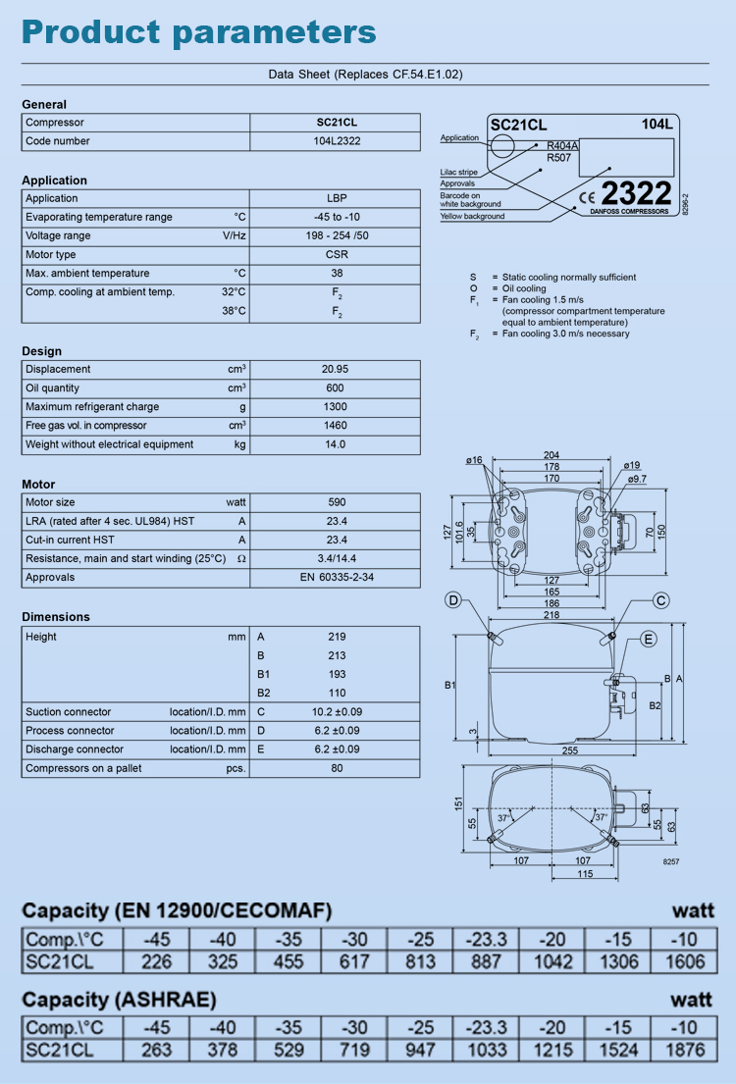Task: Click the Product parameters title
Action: click(199, 31)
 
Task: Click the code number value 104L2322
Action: click(336, 141)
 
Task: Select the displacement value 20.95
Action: click(336, 370)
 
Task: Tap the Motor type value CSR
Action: click(336, 255)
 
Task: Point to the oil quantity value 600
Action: click(336, 388)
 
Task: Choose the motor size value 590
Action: click(336, 502)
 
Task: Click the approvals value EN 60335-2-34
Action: click(336, 578)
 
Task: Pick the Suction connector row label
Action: click(69, 712)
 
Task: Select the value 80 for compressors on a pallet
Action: click(336, 768)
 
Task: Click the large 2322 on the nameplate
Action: click(636, 192)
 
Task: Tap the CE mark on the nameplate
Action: click(587, 194)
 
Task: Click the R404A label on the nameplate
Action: click(562, 145)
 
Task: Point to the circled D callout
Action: click(453, 600)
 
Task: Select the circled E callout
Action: click(649, 639)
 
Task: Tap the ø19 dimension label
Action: click(631, 465)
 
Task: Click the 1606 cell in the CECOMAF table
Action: click(684, 962)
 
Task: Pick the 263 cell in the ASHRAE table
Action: click(156, 1051)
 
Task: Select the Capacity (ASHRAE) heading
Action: click(119, 1000)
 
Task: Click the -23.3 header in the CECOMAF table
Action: click(486, 939)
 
